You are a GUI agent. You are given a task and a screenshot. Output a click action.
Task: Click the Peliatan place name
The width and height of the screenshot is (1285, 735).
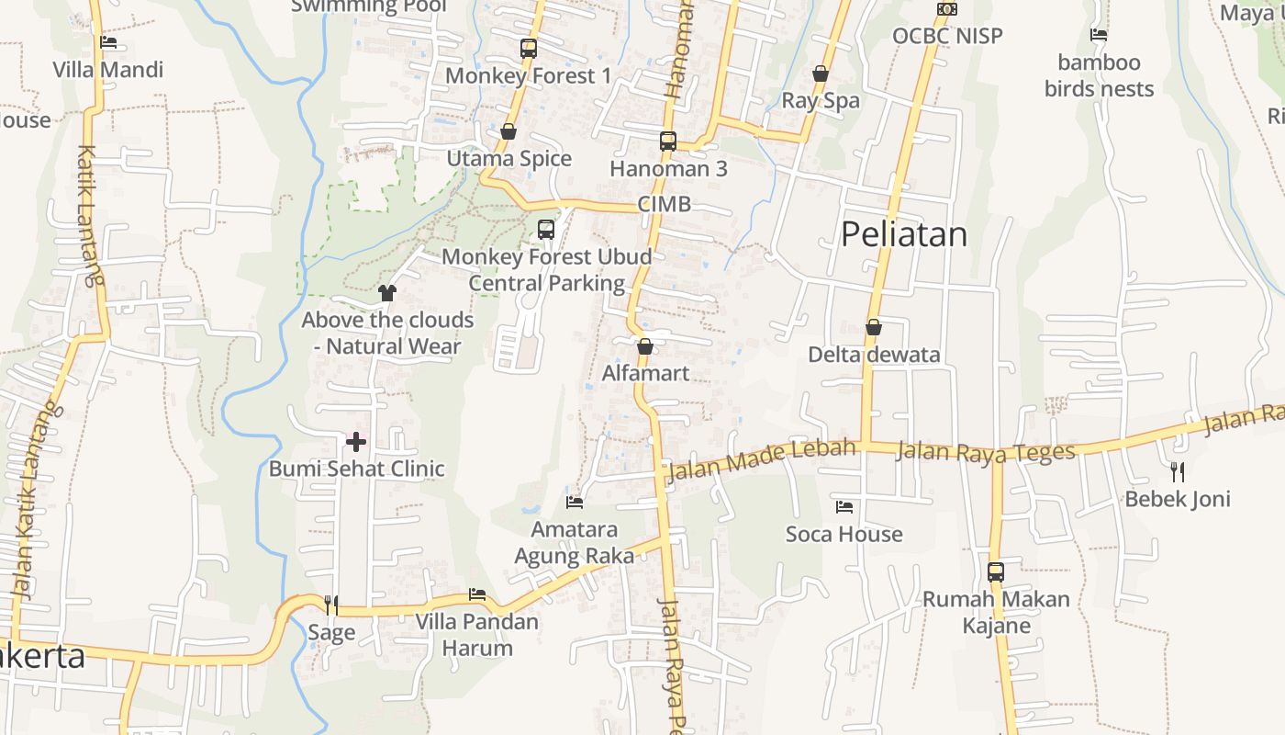904,234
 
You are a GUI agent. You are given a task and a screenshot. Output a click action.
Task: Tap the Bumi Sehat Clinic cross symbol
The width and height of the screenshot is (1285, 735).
356,442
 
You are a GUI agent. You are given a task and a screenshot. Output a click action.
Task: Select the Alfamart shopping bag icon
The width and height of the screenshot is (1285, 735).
645,346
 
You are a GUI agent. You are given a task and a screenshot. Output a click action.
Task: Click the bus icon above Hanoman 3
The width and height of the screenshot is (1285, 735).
668,141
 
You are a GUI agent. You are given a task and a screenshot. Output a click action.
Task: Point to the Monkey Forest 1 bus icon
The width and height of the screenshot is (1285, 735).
529,49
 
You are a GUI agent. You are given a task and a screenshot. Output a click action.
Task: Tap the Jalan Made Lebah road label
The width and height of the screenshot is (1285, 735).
763,460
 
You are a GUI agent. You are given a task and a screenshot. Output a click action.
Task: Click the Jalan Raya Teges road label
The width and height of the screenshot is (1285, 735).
985,452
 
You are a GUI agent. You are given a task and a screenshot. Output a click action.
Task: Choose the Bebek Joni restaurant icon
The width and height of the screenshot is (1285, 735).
1178,472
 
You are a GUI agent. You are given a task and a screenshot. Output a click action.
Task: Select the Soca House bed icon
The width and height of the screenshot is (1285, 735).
844,506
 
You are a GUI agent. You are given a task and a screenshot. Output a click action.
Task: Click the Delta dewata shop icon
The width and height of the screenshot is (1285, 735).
874,327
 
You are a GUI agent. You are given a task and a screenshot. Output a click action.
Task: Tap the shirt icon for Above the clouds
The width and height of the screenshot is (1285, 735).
387,293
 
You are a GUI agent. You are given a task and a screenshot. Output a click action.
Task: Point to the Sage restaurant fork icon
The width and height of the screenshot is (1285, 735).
331,605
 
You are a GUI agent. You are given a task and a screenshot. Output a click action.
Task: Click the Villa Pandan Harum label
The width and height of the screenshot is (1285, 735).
477,635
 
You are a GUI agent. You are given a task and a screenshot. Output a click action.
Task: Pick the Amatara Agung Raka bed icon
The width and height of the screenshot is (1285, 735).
575,502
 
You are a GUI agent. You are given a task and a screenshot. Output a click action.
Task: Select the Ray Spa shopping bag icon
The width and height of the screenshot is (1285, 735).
821,73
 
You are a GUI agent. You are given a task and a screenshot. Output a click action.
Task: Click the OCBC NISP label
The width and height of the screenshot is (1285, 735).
948,36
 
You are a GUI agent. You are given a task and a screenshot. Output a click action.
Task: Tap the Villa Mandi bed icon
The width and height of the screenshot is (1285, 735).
108,41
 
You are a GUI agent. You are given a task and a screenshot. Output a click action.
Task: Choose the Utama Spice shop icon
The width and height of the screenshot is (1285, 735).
508,131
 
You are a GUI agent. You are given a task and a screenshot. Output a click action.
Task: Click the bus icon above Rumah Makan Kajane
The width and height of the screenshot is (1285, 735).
996,571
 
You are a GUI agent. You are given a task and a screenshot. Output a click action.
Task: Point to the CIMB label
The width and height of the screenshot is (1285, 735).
665,204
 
